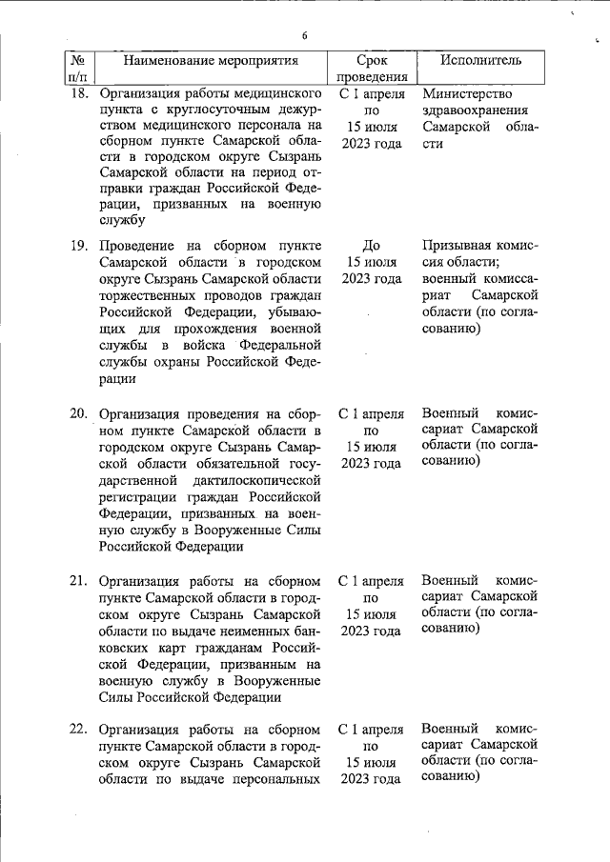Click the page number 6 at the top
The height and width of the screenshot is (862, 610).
tap(304, 36)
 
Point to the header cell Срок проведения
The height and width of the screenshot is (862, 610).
tap(372, 69)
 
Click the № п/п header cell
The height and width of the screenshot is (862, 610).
tap(78, 69)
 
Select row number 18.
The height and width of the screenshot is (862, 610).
tap(79, 94)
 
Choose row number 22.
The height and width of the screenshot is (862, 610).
tap(79, 731)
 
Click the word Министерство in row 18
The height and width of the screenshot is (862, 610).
tap(466, 94)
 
